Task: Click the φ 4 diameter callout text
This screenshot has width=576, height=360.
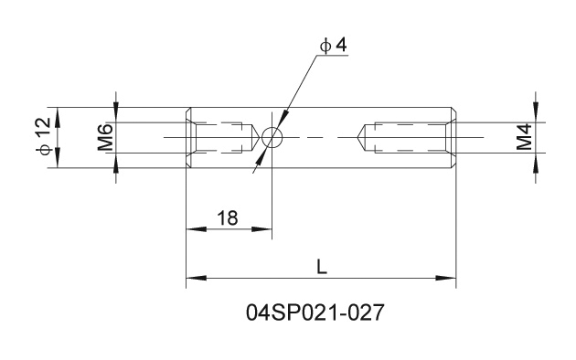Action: tap(333, 46)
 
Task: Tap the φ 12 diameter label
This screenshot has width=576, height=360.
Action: tap(43, 136)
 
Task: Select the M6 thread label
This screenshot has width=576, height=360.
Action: tap(105, 138)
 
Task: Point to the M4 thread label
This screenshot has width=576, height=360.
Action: tap(524, 137)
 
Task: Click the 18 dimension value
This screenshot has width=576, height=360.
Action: tap(228, 218)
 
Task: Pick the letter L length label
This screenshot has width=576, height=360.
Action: tap(322, 267)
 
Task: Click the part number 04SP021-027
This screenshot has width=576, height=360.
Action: tap(315, 313)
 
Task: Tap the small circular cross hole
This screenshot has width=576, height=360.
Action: tap(272, 137)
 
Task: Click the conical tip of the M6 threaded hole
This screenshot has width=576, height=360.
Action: tap(260, 138)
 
